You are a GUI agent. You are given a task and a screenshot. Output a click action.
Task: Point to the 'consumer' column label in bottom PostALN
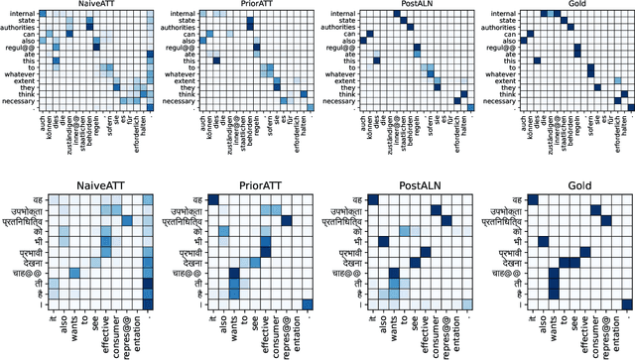tap(441, 328)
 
